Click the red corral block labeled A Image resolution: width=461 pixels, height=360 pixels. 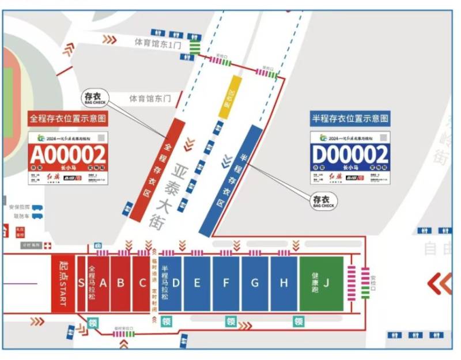pos(104,283)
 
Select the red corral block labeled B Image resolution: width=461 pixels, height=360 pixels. pos(121,283)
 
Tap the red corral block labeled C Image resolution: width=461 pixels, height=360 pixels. pos(142,283)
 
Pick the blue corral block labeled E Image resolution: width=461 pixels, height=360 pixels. pos(197,283)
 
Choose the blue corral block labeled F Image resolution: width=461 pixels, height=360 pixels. pos(226,283)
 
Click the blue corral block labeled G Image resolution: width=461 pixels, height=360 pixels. pos(255,283)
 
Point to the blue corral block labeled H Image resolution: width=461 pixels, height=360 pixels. pos(284,283)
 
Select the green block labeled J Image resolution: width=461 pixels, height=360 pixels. pos(321,283)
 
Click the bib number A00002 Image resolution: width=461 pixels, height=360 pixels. pos(69,154)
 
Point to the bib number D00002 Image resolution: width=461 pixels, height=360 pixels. pos(350,154)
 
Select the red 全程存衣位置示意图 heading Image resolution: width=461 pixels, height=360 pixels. pos(68,119)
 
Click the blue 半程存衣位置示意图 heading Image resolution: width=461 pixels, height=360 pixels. pos(350,119)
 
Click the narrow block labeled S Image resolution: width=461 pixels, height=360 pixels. pos(81,283)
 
